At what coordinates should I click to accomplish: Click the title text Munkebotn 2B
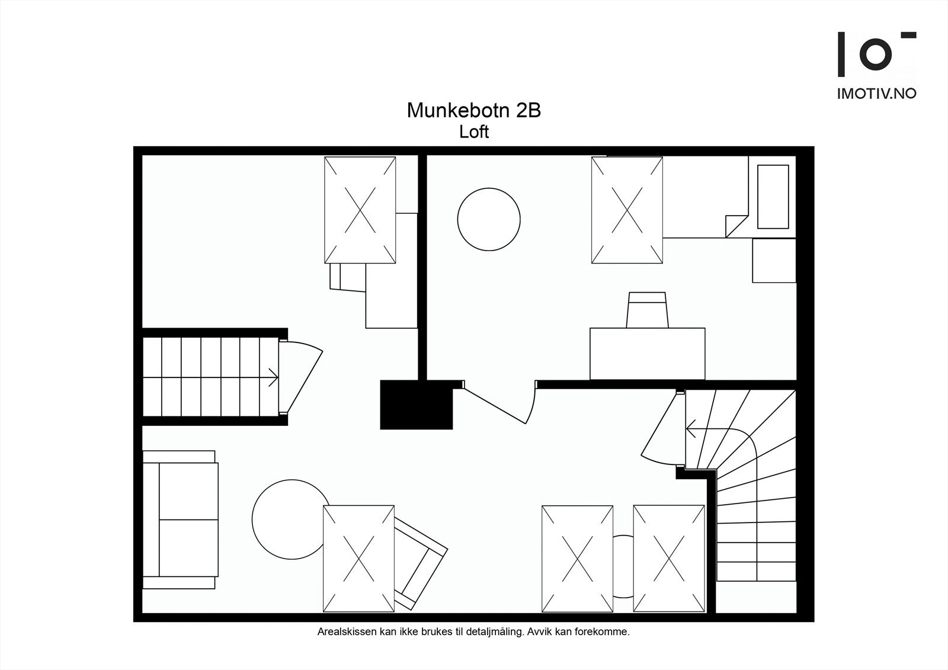[x=473, y=111]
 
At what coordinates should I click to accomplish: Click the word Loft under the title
[x=473, y=132]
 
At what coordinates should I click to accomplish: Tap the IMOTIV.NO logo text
[x=876, y=94]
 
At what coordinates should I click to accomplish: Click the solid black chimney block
[x=416, y=404]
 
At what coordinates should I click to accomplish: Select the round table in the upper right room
[x=489, y=219]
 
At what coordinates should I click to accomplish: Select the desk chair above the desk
[x=648, y=310]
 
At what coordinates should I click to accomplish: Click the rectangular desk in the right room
[x=647, y=354]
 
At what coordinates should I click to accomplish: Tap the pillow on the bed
[x=773, y=196]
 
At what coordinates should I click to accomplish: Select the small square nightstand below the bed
[x=774, y=261]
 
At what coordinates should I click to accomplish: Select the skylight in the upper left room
[x=360, y=210]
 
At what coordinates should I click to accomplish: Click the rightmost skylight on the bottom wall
[x=668, y=558]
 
